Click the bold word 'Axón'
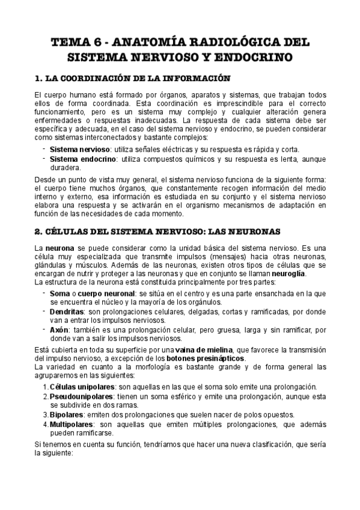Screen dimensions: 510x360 pos(59,330)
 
